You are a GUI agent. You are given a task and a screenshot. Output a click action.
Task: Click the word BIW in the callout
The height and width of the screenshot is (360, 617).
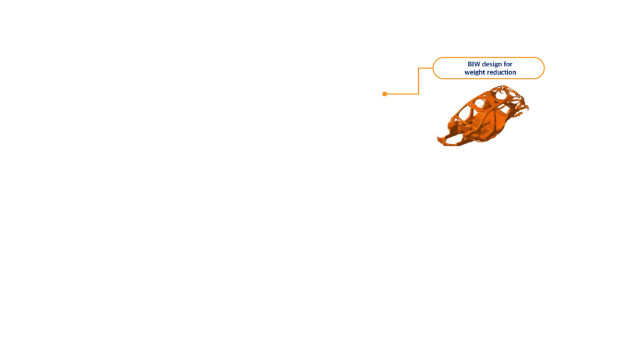point(474,64)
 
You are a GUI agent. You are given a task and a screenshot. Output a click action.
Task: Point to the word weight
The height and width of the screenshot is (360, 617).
point(475,73)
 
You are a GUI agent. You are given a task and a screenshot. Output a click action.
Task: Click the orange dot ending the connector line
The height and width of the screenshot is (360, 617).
point(385,93)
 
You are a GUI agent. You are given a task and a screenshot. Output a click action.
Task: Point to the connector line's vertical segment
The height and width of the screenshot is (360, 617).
point(419,81)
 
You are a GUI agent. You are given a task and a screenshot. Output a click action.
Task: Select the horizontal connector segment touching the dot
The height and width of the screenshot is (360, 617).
point(402,93)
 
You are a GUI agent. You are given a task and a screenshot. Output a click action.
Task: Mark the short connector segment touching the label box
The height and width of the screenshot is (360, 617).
point(426,68)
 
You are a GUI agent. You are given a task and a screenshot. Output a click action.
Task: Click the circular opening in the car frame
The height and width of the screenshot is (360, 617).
point(500,95)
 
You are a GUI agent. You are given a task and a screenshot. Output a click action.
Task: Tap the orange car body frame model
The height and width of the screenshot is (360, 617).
point(483,116)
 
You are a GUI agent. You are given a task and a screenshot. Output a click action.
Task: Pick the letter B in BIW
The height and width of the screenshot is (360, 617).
point(469,64)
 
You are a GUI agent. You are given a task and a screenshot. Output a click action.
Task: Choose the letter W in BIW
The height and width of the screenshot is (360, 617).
point(477,64)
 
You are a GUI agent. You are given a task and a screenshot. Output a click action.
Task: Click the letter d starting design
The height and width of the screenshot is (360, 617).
point(484,64)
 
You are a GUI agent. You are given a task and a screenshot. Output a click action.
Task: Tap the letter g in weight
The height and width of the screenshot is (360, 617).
point(477,73)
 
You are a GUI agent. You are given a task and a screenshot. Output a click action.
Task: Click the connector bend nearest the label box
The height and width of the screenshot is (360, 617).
point(419,68)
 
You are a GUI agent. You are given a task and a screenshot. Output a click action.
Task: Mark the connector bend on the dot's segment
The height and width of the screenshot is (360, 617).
point(419,93)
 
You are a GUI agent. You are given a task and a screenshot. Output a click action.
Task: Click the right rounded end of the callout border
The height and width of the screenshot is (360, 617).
point(544,68)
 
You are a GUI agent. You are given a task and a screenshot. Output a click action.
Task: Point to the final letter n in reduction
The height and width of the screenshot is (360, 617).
point(515,73)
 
